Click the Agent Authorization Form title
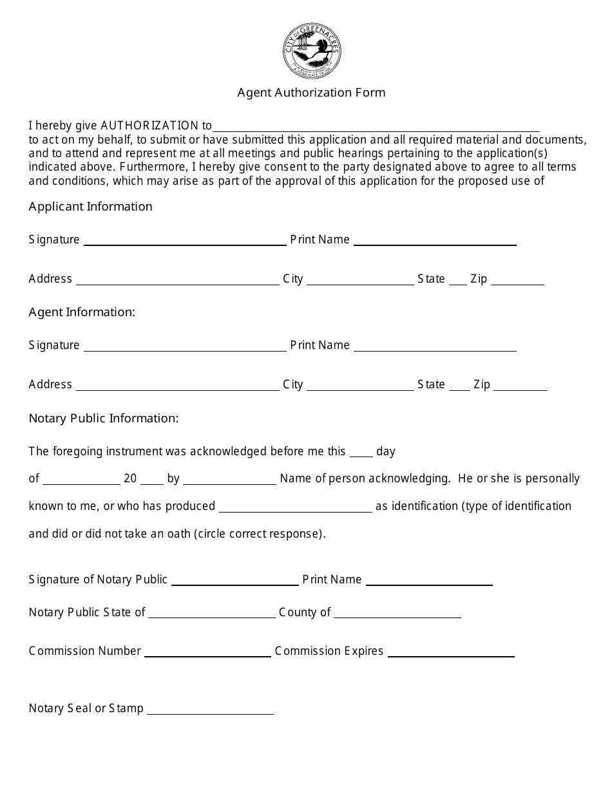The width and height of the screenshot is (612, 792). click(x=311, y=92)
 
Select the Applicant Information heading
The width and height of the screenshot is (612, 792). click(x=91, y=207)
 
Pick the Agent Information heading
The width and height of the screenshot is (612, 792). click(x=82, y=312)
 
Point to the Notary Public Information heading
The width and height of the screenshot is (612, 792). click(x=104, y=419)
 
